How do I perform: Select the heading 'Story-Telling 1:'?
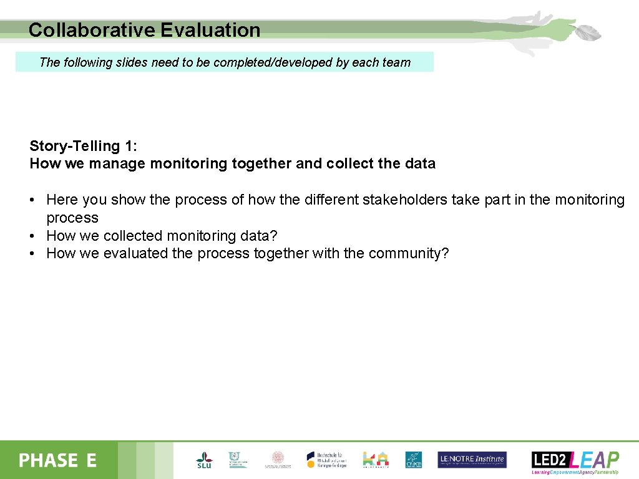pos(83,146)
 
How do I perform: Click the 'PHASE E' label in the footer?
pos(57,461)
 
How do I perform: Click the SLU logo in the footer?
pos(204,460)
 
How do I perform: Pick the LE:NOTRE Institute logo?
pos(472,460)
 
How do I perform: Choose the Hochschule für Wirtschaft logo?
pos(325,460)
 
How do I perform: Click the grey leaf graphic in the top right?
pos(587,33)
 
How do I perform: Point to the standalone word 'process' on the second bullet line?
pos(72,218)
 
